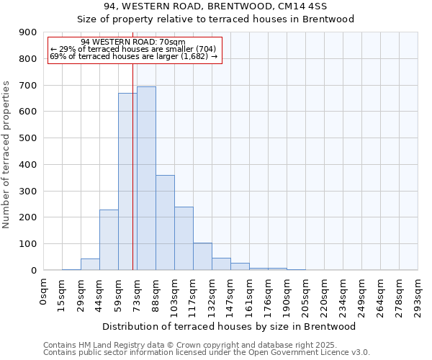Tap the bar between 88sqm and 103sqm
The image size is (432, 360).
point(165,222)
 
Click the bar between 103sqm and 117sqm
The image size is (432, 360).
point(184,238)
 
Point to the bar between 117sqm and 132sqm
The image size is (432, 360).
point(202,256)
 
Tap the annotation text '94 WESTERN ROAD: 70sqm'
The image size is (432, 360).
point(133,42)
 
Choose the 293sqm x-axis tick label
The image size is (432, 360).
point(418,295)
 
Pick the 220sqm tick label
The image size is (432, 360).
point(325,295)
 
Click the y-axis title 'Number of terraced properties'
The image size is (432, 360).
point(7,155)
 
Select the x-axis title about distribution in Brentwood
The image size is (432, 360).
point(230,327)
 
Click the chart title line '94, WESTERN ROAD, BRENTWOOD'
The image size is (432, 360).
point(216,6)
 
